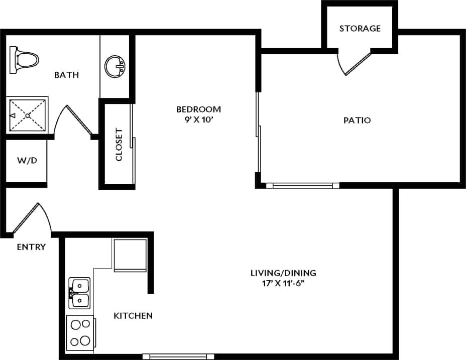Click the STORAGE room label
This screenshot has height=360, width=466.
tap(360, 29)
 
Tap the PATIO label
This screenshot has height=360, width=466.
tap(357, 121)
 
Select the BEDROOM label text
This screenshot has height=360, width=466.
tap(198, 109)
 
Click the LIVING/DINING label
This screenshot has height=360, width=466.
tap(283, 273)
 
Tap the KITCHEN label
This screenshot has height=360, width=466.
tap(133, 316)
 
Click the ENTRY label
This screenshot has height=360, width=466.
tap(31, 247)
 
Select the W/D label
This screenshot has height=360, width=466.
tap(27, 161)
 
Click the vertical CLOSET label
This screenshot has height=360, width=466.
tap(119, 145)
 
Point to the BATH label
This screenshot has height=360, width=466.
tap(67, 75)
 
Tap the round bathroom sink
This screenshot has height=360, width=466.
tap(115, 66)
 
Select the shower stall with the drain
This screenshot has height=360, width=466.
tap(28, 115)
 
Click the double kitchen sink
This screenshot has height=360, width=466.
tap(79, 293)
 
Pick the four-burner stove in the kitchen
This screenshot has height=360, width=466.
tap(80, 332)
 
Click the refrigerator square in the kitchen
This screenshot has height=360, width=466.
tap(130, 255)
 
